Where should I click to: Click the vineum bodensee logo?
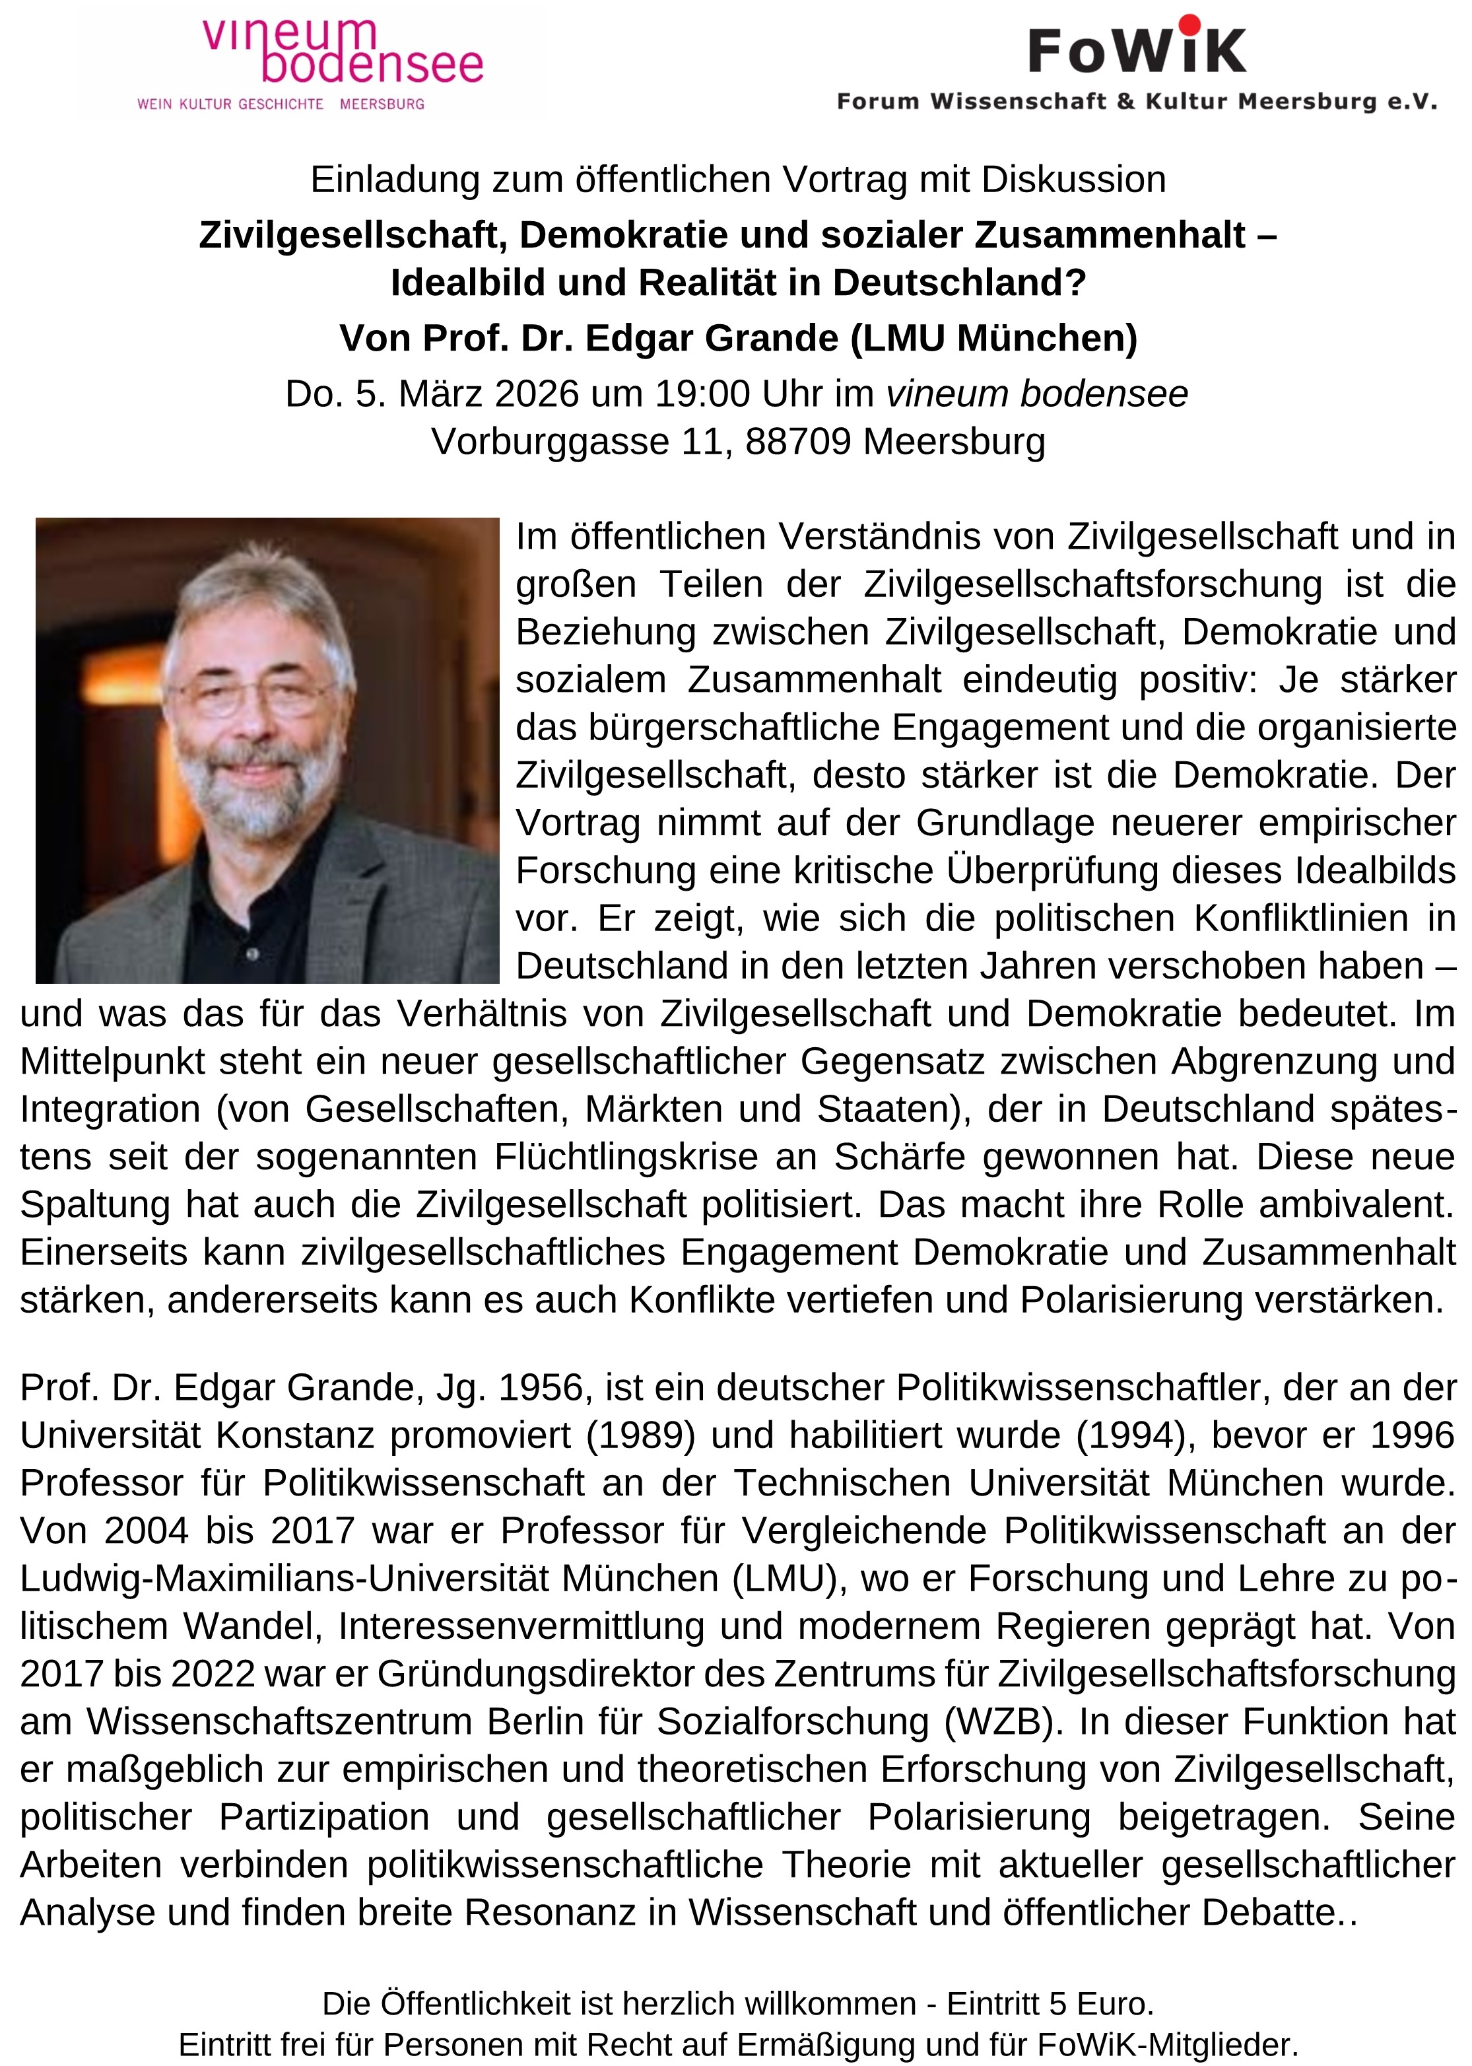(342, 53)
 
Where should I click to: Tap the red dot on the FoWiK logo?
(1189, 24)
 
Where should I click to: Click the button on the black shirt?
(253, 953)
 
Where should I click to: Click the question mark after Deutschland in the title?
(1076, 283)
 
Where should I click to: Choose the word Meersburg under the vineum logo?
(382, 104)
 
